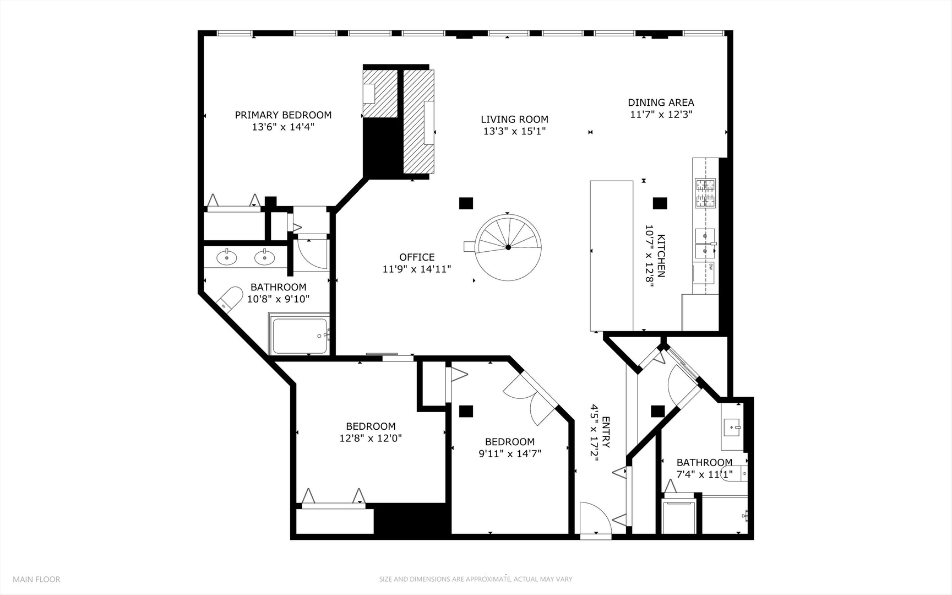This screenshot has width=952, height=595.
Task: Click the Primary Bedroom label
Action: pyautogui.click(x=283, y=115)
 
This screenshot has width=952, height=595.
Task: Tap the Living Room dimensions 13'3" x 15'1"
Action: pyautogui.click(x=514, y=131)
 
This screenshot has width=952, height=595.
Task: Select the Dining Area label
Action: pyautogui.click(x=661, y=102)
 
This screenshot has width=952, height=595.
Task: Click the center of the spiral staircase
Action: pyautogui.click(x=508, y=247)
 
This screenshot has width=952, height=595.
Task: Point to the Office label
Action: pyautogui.click(x=417, y=257)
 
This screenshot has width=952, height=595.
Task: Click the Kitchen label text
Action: pyautogui.click(x=661, y=256)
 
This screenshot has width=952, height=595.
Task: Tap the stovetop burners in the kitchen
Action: pyautogui.click(x=705, y=193)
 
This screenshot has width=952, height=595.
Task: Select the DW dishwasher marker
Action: pyautogui.click(x=711, y=267)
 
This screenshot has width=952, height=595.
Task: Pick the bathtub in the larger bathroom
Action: pyautogui.click(x=299, y=336)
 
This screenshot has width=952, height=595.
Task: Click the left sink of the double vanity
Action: pyautogui.click(x=227, y=257)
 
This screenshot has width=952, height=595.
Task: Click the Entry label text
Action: pyautogui.click(x=606, y=432)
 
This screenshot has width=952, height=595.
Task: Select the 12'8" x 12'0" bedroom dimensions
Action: pyautogui.click(x=371, y=439)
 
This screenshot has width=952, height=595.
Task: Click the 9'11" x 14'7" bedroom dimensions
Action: pyautogui.click(x=510, y=454)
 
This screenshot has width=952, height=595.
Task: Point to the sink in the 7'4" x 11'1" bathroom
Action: pyautogui.click(x=733, y=426)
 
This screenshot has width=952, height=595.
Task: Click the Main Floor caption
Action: pyautogui.click(x=36, y=579)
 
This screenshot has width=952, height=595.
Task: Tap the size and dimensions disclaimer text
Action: pyautogui.click(x=475, y=579)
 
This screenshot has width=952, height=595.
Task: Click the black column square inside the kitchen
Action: pyautogui.click(x=660, y=203)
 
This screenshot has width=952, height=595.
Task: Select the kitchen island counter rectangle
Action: pyautogui.click(x=611, y=256)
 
